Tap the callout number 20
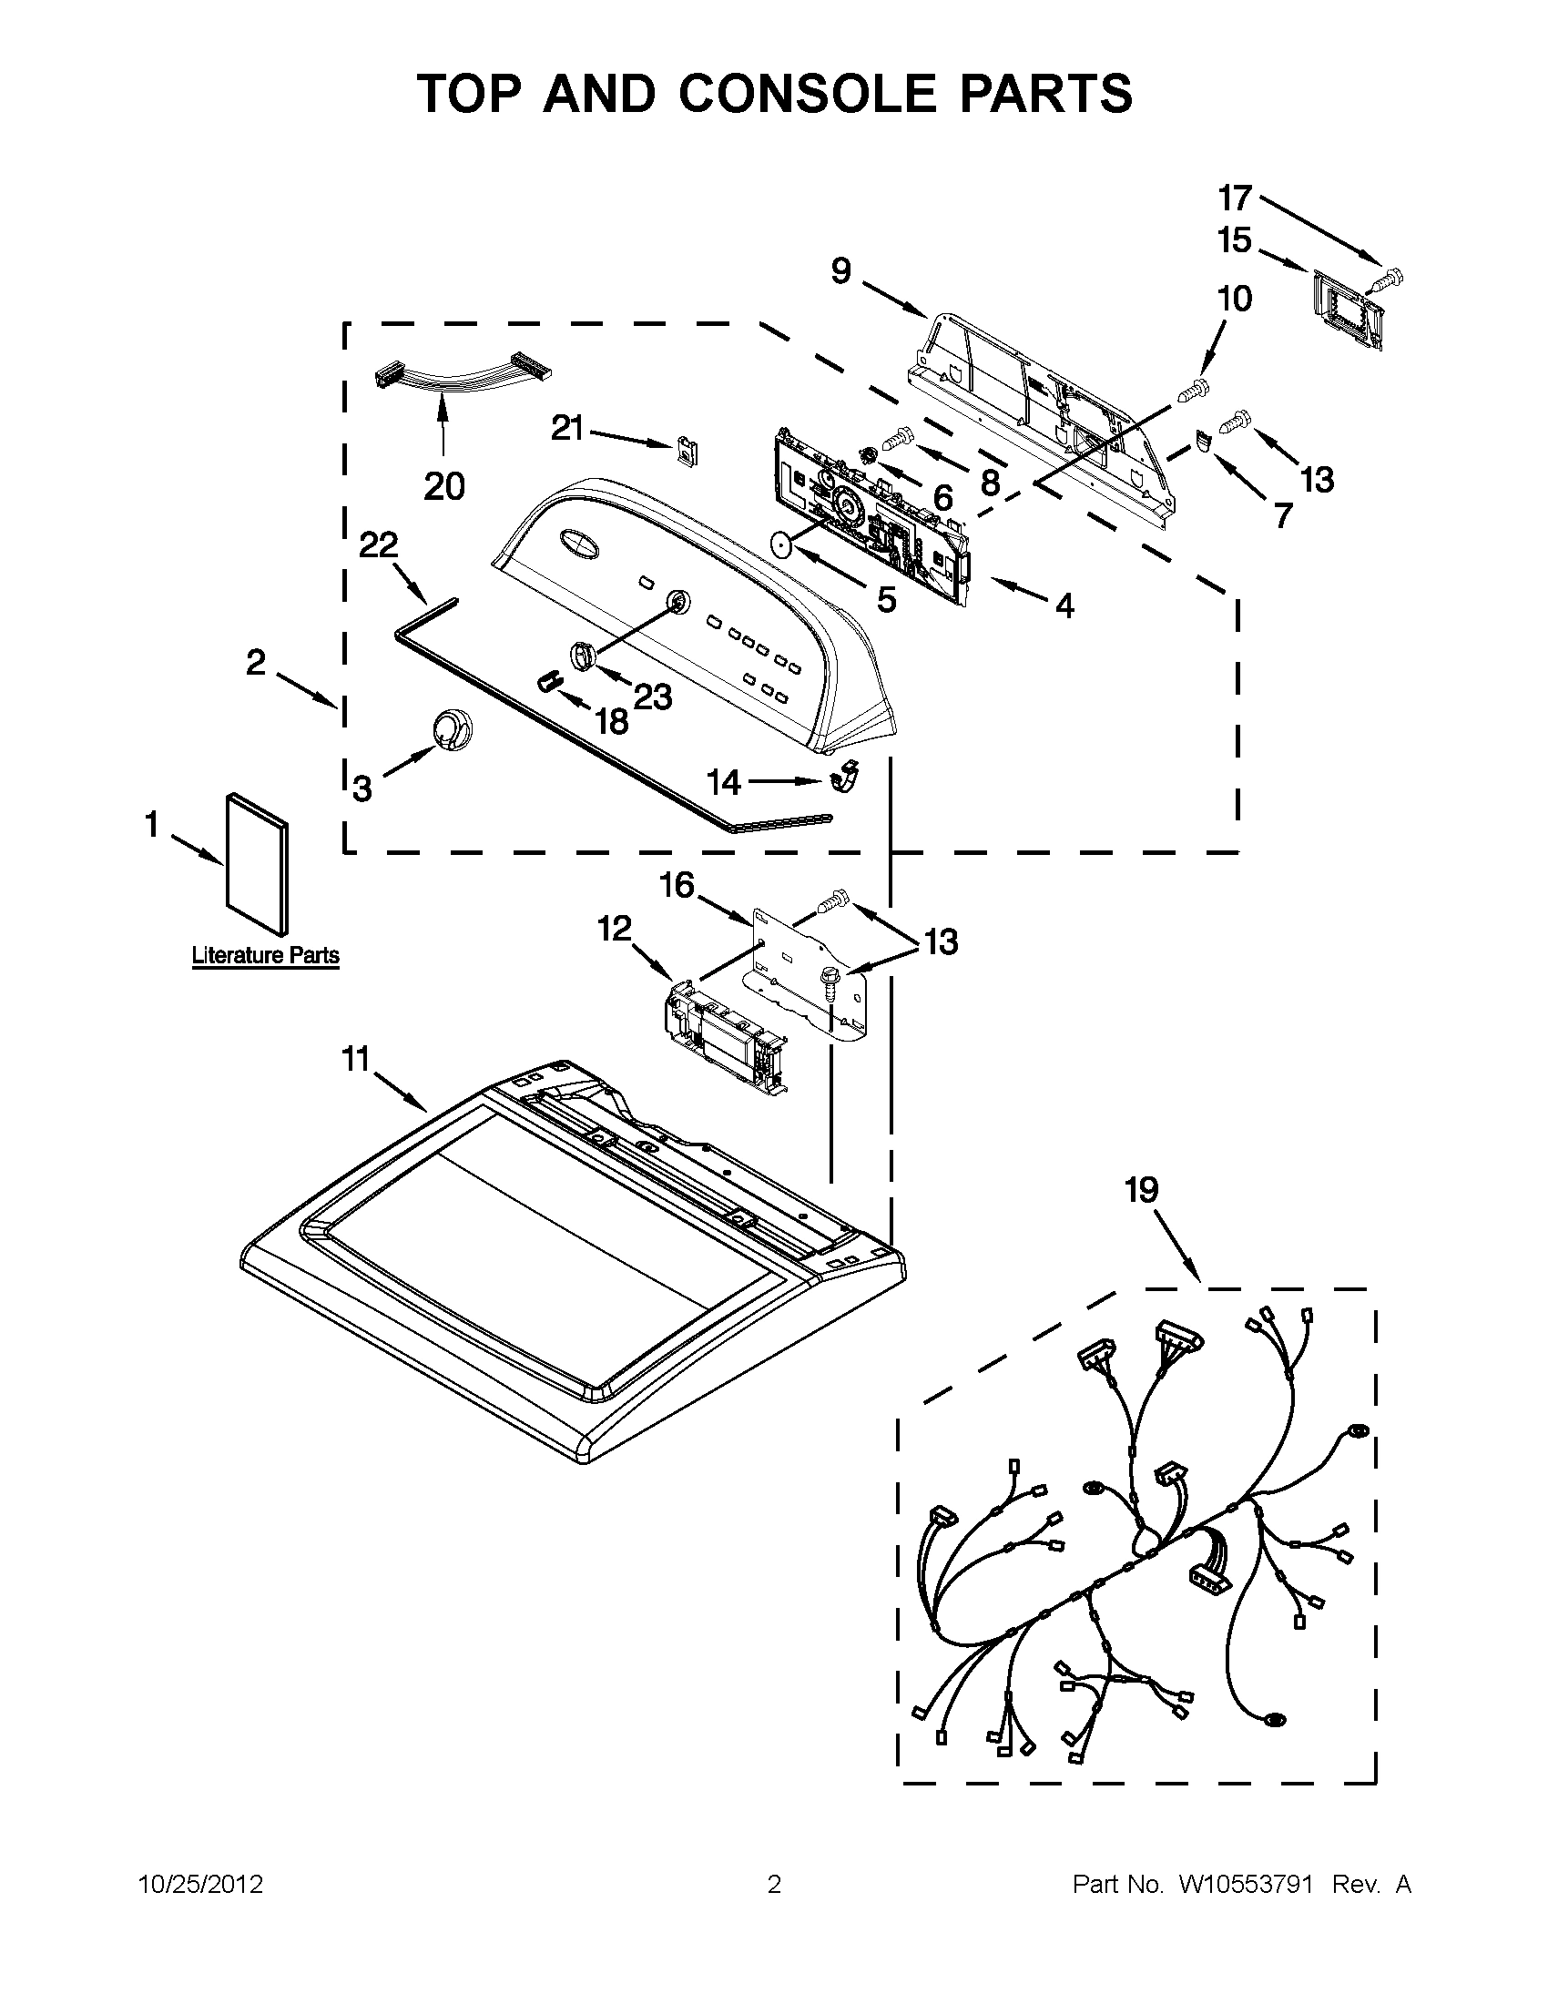tap(444, 485)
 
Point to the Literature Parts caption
tap(265, 955)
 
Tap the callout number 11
tap(355, 1059)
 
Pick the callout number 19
tap(1142, 1190)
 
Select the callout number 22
tap(378, 545)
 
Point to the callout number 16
tap(677, 886)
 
